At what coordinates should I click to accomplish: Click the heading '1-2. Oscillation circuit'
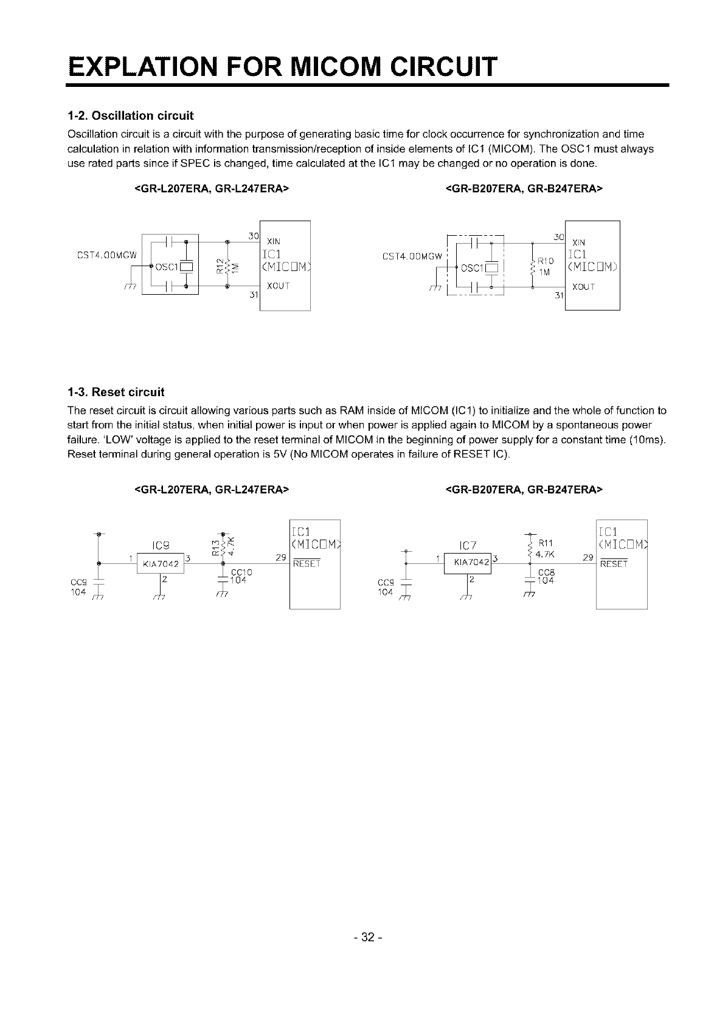(x=130, y=115)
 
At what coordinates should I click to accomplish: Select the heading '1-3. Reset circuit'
(x=116, y=391)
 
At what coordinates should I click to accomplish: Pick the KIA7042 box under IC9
(x=160, y=564)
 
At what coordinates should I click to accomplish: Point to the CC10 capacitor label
(x=242, y=572)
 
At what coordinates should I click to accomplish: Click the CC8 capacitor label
(x=546, y=572)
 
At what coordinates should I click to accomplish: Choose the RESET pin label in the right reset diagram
(x=613, y=564)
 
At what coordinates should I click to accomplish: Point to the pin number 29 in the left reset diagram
(x=280, y=557)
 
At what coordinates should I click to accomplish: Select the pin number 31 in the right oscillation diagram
(x=560, y=296)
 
